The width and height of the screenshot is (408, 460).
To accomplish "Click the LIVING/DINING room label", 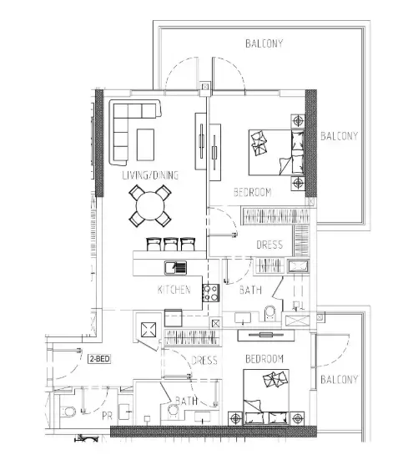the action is pos(150,175).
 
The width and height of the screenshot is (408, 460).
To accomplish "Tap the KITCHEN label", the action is pos(174,290).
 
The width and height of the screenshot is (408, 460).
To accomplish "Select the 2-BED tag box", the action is pos(99,359).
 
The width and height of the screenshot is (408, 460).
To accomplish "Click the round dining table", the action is pos(150,205).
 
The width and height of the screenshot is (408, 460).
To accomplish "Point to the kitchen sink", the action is pos(175,267).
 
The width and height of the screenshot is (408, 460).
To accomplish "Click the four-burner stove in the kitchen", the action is pos(210,293).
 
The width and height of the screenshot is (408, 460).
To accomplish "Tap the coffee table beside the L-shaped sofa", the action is pos(145,144).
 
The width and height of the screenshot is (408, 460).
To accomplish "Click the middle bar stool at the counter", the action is pos(170,244).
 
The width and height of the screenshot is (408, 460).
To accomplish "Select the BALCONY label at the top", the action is pos(264,43).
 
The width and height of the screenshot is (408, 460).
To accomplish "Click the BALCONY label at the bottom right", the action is pos(339,380).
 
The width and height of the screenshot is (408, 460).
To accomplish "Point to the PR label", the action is pos(107,416).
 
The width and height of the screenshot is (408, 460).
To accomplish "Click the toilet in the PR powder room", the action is pos(68,412).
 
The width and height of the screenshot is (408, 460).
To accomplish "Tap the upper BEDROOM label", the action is pos(252,193).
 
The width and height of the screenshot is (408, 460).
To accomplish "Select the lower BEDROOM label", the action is pos(264,359).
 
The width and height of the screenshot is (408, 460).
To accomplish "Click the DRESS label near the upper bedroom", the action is pos(269,245).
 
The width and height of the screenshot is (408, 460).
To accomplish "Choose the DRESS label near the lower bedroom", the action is pos(204,361).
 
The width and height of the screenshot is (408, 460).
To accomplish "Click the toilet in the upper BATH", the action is pos(270,313).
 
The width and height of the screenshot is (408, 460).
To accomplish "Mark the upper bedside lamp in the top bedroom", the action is pos(298,121).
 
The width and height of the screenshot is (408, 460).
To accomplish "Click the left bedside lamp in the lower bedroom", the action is pos(235,418).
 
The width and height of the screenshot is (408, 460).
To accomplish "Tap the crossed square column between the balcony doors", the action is pos(205,87).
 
